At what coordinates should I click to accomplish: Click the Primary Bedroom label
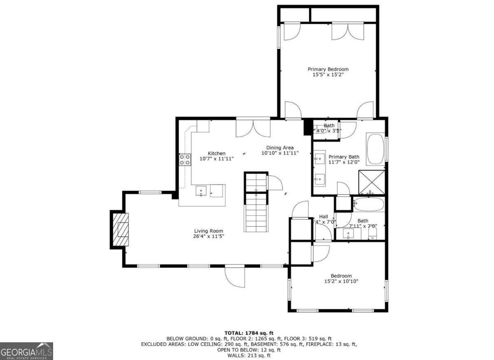[328, 69]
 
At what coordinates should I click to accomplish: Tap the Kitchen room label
[216, 153]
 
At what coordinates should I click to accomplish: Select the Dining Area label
[280, 147]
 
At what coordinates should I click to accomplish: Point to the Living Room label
[209, 231]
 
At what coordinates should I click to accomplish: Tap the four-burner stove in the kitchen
[185, 159]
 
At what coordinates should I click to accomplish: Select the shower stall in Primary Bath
[371, 182]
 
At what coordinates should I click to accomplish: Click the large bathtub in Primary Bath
[375, 148]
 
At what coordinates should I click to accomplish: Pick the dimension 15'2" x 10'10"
[341, 281]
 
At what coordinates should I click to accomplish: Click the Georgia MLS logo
[27, 351]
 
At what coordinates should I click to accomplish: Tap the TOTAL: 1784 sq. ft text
[249, 333]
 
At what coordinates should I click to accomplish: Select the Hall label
[324, 216]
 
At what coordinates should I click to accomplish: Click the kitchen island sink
[201, 191]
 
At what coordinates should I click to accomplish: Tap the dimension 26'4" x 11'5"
[209, 236]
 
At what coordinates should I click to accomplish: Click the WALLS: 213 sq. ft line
[249, 355]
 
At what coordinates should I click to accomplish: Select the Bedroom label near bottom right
[341, 276]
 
